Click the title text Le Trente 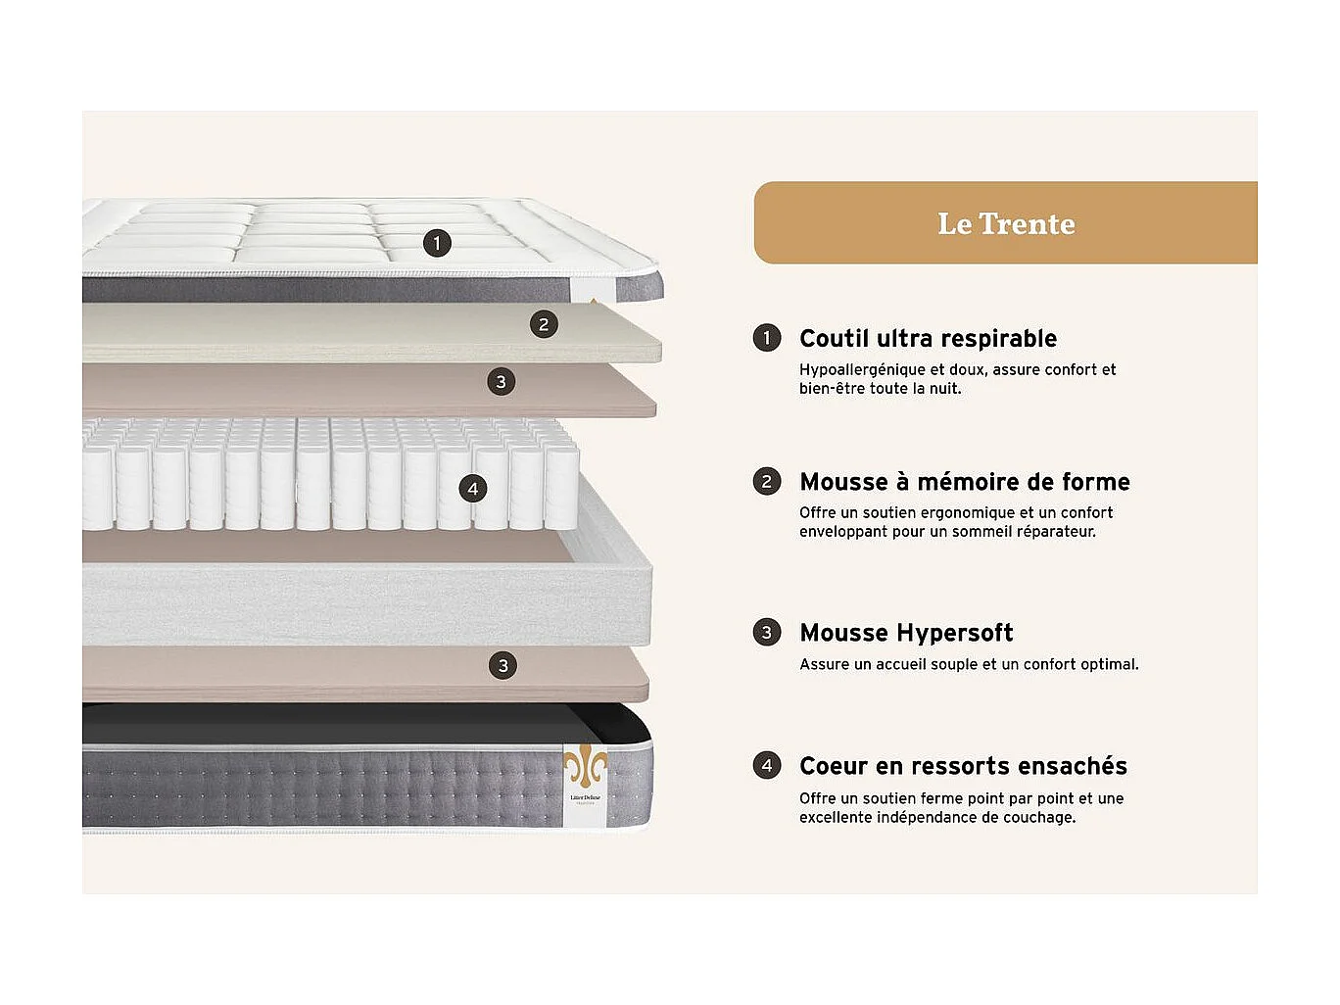click(1006, 223)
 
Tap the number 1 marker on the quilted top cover click(437, 243)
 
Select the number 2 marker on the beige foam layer click(544, 324)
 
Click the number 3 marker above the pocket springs click(502, 381)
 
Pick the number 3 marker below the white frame click(502, 666)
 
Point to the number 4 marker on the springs click(473, 489)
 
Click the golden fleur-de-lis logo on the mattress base click(585, 765)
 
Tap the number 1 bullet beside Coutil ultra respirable click(767, 338)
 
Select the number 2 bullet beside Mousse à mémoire click(767, 481)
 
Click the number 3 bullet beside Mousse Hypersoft click(767, 632)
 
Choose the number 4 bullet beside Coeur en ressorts click(767, 765)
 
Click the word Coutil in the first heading click(834, 339)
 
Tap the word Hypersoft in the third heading click(955, 633)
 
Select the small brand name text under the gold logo click(586, 798)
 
